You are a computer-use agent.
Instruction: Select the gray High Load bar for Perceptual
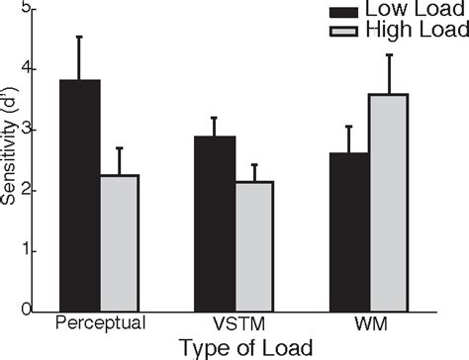(x=120, y=242)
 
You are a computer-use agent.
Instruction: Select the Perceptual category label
(x=101, y=323)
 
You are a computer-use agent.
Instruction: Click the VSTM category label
(x=235, y=323)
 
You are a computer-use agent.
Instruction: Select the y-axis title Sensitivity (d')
(x=9, y=158)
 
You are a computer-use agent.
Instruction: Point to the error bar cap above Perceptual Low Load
(x=79, y=37)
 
